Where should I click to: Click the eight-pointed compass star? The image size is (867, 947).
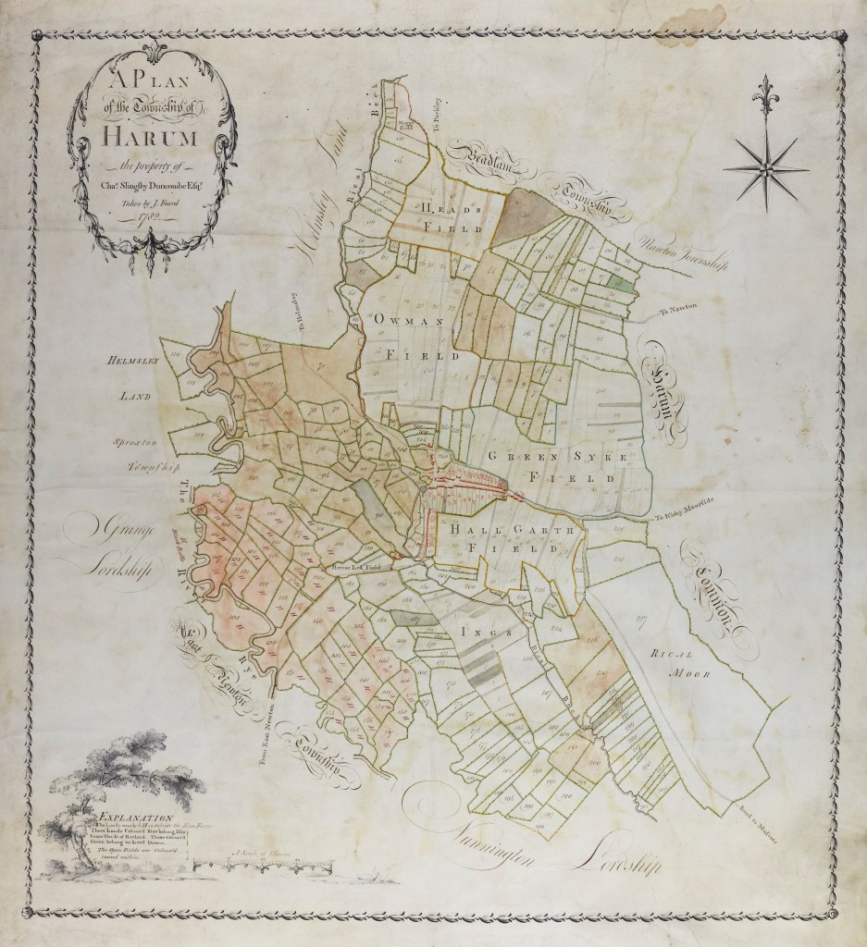pos(763,167)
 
